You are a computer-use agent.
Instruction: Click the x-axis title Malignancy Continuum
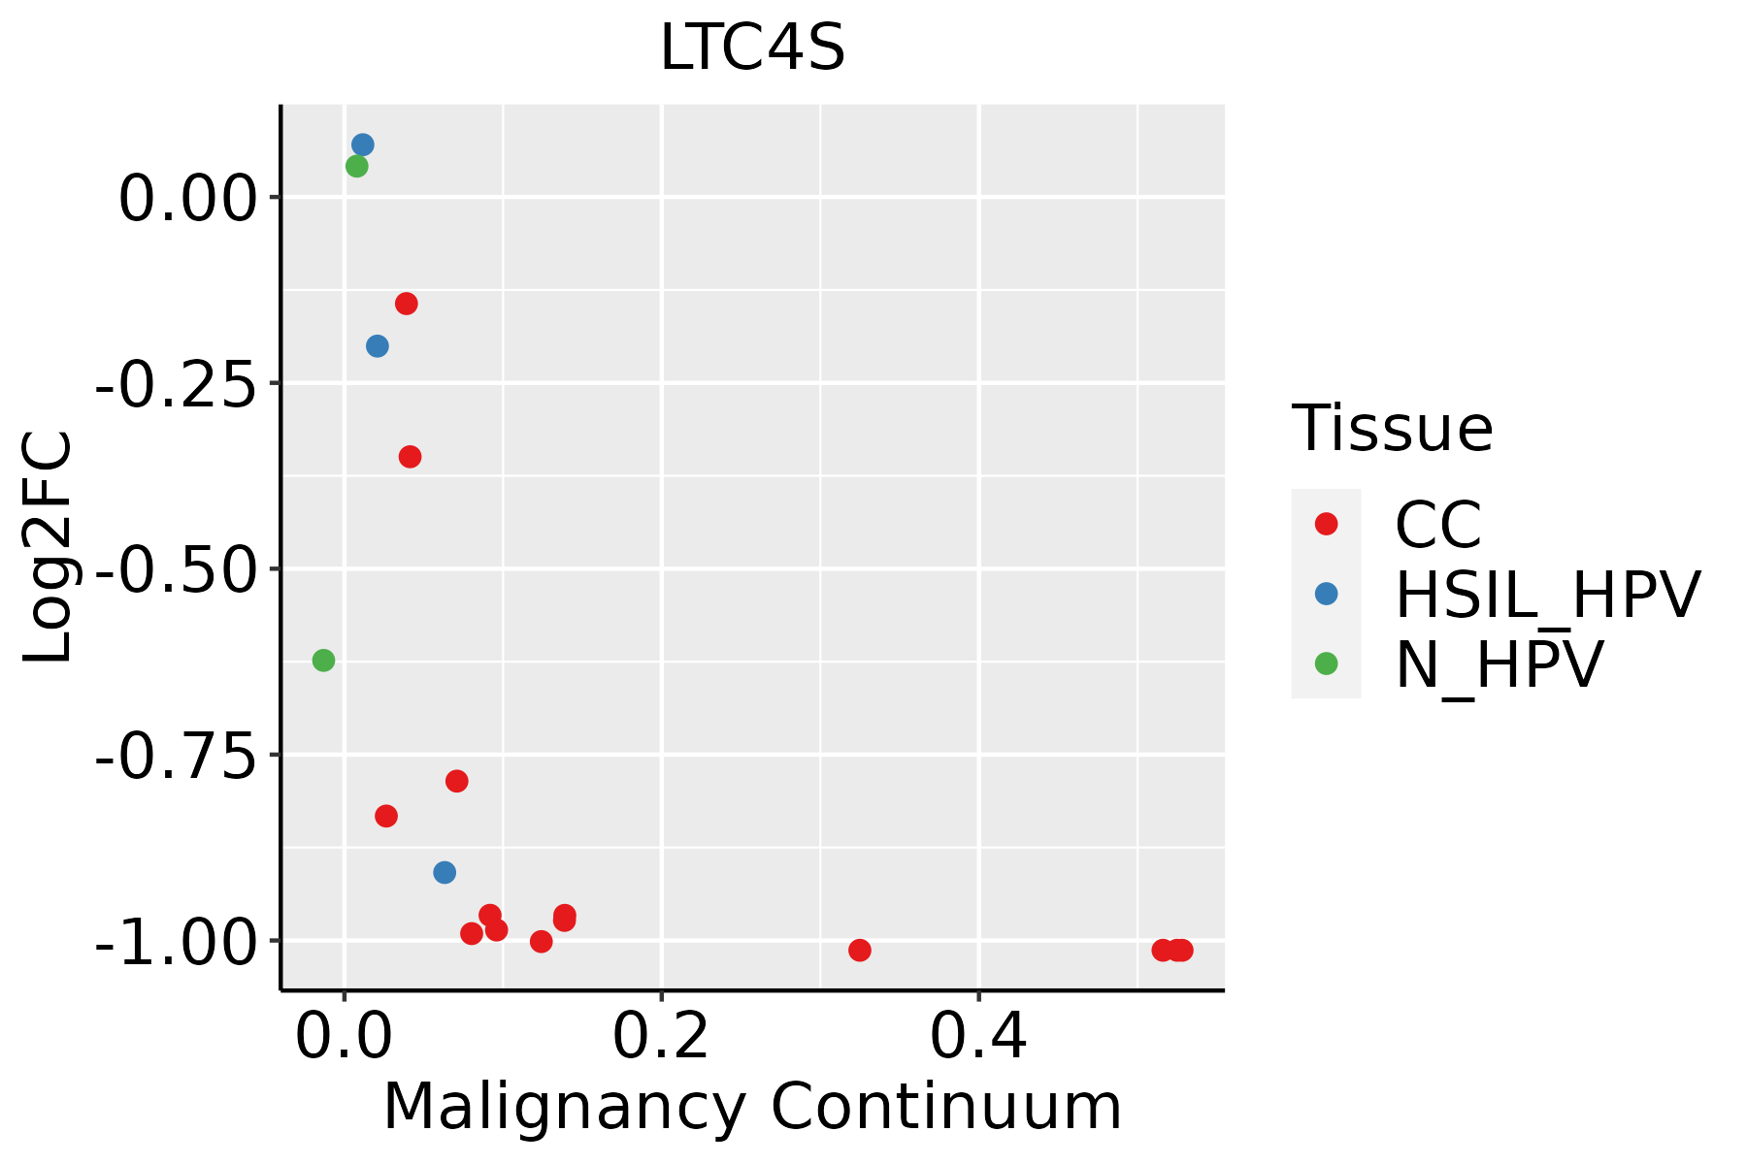tap(752, 1107)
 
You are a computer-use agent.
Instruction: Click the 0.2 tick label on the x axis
tap(661, 1037)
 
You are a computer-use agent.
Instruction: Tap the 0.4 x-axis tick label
tap(978, 1037)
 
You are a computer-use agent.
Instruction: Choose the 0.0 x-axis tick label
tap(344, 1037)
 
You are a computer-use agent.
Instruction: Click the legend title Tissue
tap(1392, 428)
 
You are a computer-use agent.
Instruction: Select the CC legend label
tap(1438, 525)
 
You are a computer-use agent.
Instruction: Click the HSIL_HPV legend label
tap(1547, 595)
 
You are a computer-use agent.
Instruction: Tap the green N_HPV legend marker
tap(1326, 663)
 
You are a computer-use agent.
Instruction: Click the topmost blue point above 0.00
tap(363, 145)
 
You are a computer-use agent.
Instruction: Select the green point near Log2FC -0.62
tap(323, 661)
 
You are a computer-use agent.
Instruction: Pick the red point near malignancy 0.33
tap(859, 950)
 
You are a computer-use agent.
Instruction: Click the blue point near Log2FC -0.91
tap(445, 872)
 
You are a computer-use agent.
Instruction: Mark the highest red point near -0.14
tap(407, 304)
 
